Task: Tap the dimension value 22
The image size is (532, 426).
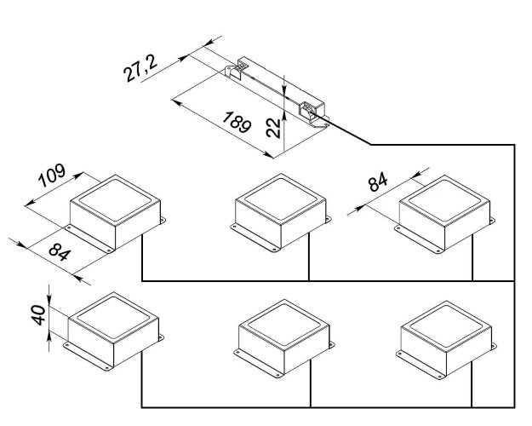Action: click(x=272, y=127)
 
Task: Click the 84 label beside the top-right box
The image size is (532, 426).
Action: click(x=379, y=183)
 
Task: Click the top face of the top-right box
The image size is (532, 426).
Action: click(x=445, y=197)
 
